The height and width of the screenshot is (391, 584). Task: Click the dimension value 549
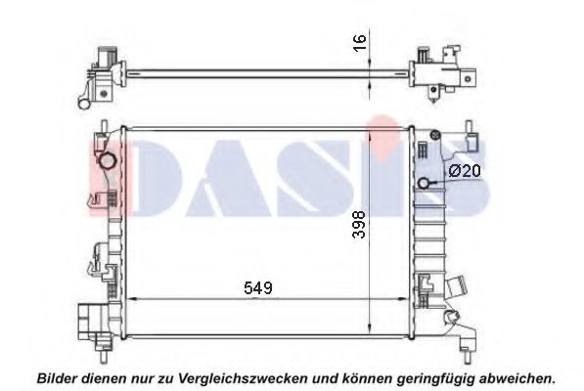pos(258,287)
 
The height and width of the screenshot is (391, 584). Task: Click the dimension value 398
pos(360,224)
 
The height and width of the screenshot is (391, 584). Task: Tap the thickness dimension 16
pos(360,43)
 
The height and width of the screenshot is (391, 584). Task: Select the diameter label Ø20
pos(465,171)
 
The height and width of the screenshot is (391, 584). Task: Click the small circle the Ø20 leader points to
pos(424,183)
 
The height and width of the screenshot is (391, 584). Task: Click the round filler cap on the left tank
pos(107,161)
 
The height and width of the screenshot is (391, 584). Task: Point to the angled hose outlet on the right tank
pos(457,286)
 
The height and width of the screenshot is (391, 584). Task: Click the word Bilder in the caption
pos(57,378)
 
